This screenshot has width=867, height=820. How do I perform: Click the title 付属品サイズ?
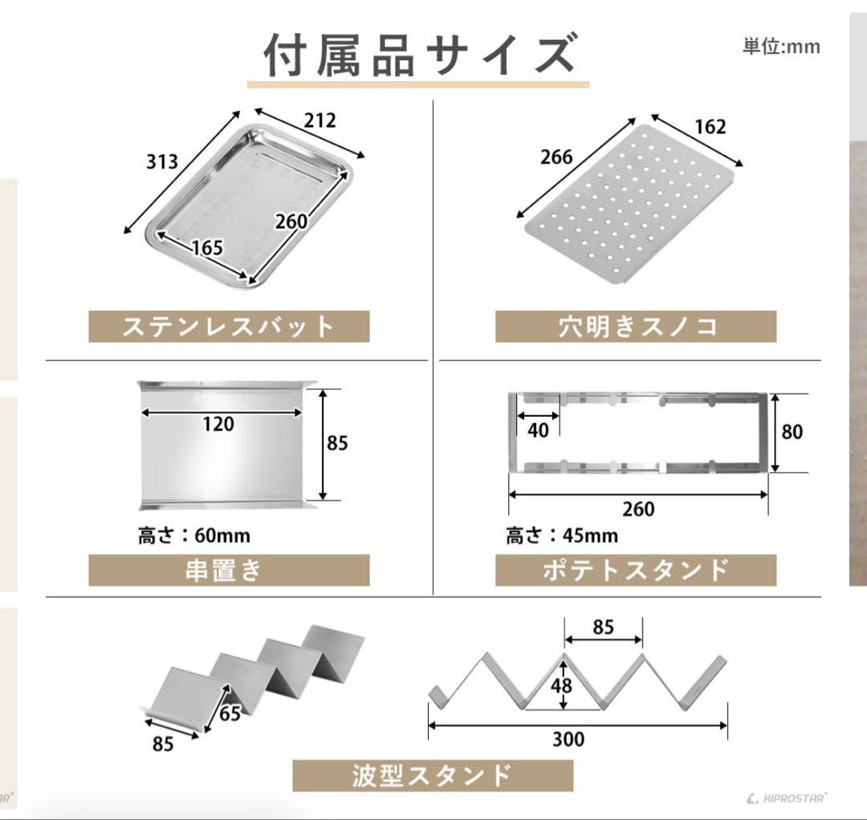(418, 56)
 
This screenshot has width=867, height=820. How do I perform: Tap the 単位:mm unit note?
(781, 46)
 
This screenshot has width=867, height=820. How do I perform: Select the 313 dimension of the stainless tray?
(162, 161)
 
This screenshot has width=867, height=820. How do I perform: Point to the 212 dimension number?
(320, 120)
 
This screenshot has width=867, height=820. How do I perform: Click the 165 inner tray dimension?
(207, 247)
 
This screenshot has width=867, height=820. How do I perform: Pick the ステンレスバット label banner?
(229, 326)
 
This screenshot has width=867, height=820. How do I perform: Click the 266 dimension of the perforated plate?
(556, 157)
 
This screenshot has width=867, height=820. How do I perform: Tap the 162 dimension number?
(710, 127)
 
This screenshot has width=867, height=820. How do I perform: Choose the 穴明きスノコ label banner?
(636, 326)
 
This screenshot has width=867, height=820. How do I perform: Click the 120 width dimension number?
(218, 424)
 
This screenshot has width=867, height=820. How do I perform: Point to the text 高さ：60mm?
(194, 536)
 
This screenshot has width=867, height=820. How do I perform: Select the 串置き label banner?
(229, 570)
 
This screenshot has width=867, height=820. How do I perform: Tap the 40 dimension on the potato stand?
(538, 430)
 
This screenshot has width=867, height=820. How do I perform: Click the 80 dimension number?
(792, 431)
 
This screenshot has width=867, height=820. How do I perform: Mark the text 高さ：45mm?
(562, 536)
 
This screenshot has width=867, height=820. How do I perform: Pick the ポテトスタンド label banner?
(636, 570)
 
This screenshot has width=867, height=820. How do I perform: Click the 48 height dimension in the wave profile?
(562, 686)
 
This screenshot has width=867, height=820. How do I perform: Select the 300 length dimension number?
(568, 739)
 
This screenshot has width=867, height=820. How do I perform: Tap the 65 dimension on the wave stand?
(230, 713)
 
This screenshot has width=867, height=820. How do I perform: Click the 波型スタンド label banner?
(433, 776)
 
